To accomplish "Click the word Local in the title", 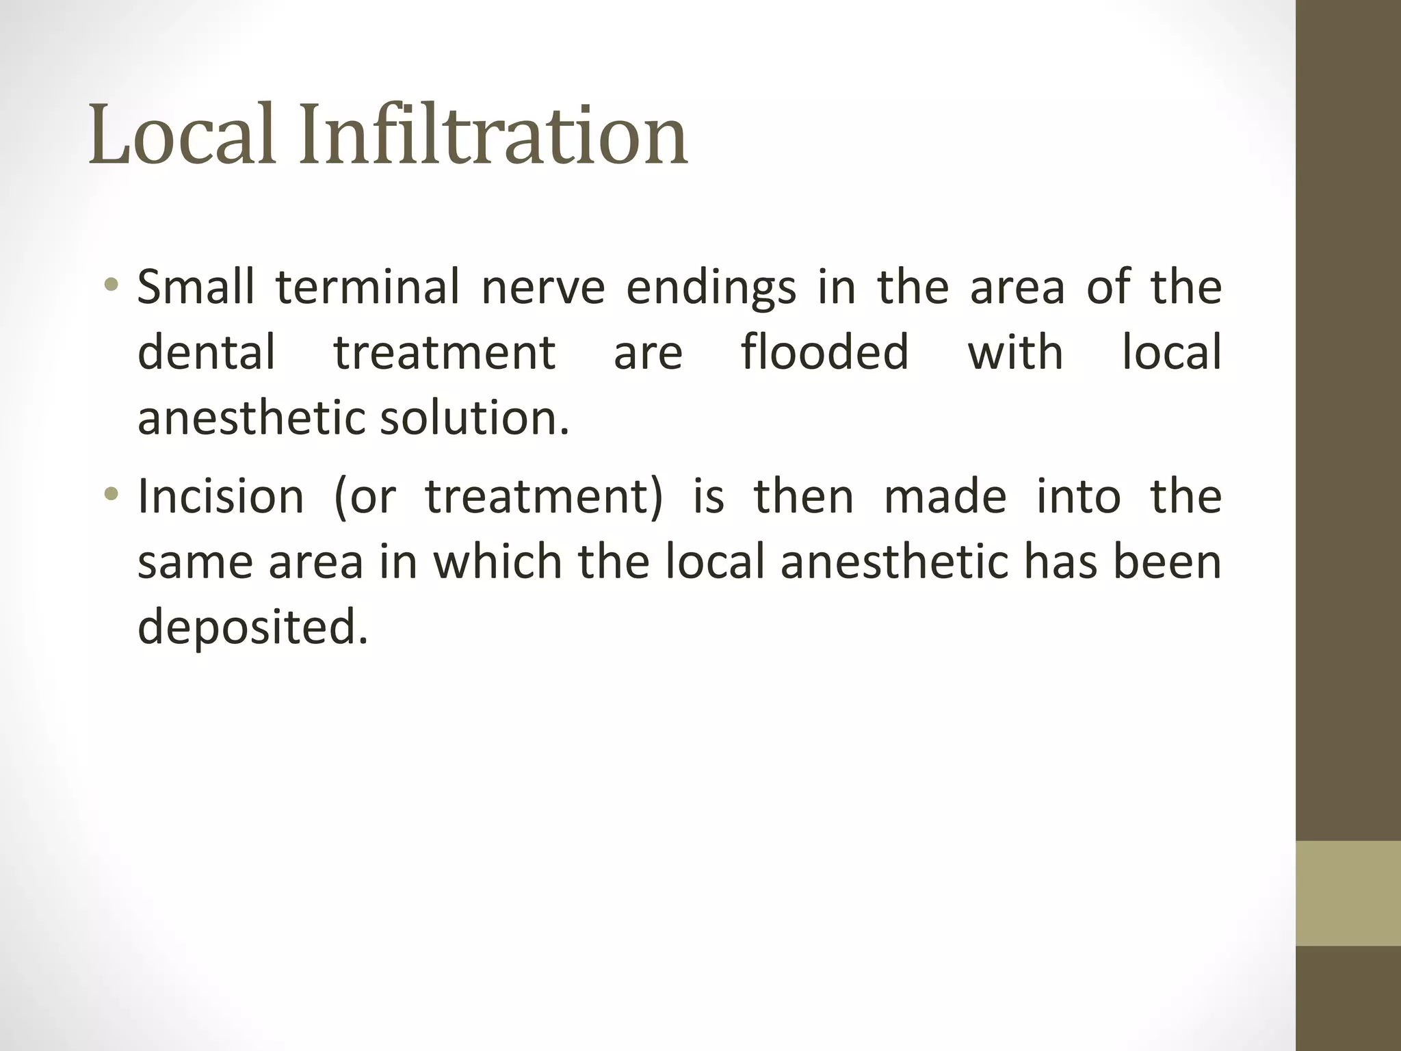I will click(x=182, y=134).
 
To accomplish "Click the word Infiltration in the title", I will click(x=493, y=134).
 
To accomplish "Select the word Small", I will click(x=196, y=287).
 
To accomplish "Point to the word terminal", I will click(x=367, y=287).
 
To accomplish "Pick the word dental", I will click(x=207, y=353).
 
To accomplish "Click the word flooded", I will click(x=825, y=353).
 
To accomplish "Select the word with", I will click(x=1015, y=353).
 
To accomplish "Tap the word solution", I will click(x=474, y=418).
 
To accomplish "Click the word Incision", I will click(x=220, y=496).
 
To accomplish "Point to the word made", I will click(x=945, y=496).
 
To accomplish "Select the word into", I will click(x=1079, y=496).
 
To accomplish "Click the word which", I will click(x=497, y=562).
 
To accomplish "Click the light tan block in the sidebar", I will click(x=1348, y=893).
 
